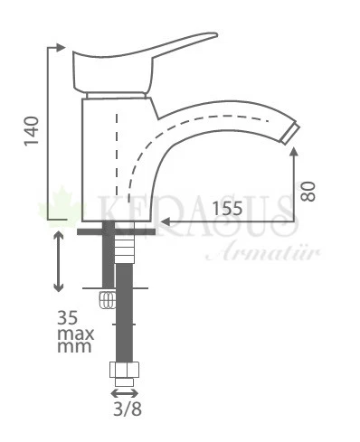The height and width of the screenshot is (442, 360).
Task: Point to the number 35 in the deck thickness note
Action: [68, 317]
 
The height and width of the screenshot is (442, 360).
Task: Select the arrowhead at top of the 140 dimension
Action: [61, 47]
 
